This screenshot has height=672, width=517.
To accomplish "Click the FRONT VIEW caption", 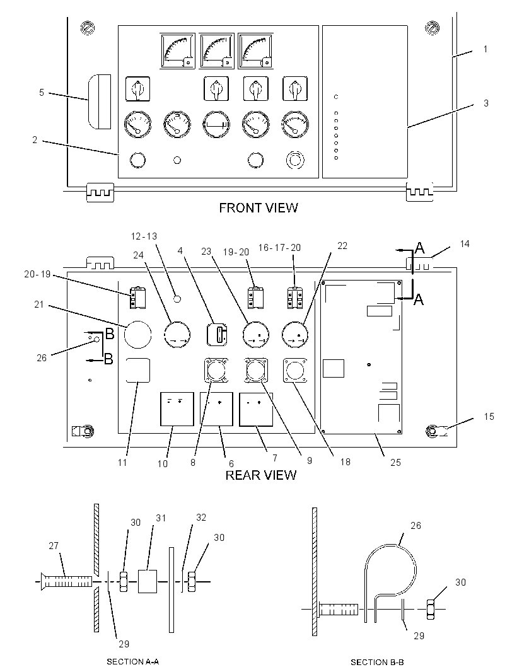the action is tap(258, 208).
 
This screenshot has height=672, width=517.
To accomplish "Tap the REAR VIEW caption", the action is tap(260, 475).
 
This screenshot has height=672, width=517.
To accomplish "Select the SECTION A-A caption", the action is tap(132, 662).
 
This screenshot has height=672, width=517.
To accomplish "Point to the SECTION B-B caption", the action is tap(377, 662).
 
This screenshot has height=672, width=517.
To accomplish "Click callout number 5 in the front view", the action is tap(42, 93).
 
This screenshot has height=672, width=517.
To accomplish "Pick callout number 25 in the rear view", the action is tap(395, 463).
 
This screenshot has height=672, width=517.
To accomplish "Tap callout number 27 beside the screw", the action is tap(54, 545).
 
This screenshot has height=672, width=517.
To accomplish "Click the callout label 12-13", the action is tap(144, 236).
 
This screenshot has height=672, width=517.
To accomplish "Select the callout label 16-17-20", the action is tap(279, 247).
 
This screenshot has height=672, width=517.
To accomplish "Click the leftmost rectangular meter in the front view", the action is tap(177, 50).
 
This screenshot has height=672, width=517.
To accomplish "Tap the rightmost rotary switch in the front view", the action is tap(294, 89).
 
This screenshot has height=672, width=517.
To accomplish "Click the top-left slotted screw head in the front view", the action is tap(88, 28).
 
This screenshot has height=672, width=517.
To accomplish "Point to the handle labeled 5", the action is tap(100, 101).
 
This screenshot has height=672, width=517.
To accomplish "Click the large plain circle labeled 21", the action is tap(138, 334).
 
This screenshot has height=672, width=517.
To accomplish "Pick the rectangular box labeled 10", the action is tap(177, 409).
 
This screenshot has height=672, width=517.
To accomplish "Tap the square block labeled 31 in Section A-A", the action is tap(148, 581).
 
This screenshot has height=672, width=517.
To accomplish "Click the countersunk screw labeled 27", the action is tap(67, 582).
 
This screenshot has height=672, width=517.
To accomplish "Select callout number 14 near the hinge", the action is tap(465, 244).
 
